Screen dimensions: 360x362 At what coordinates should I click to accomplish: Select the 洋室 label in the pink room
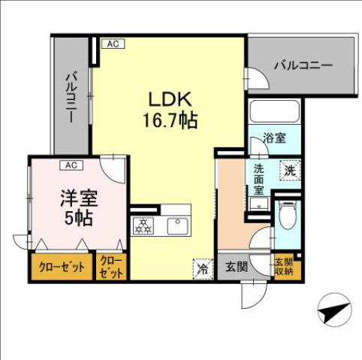pyautogui.click(x=76, y=201)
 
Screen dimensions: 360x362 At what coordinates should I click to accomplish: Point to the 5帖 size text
pyautogui.click(x=76, y=219)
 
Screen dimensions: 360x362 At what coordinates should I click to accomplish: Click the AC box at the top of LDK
pyautogui.click(x=112, y=44)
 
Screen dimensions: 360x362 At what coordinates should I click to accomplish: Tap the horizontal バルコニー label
pyautogui.click(x=302, y=65)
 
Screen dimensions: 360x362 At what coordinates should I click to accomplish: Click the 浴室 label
pyautogui.click(x=274, y=138)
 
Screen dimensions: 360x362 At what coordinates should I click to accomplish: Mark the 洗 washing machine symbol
pyautogui.click(x=288, y=171)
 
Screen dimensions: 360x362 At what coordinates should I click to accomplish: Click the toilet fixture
pyautogui.click(x=287, y=216)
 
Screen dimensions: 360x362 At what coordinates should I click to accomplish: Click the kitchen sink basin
pyautogui.click(x=177, y=225)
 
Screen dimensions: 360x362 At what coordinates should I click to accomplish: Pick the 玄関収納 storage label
pyautogui.click(x=284, y=267)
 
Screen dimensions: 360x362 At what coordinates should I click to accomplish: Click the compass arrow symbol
pyautogui.click(x=332, y=309)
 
